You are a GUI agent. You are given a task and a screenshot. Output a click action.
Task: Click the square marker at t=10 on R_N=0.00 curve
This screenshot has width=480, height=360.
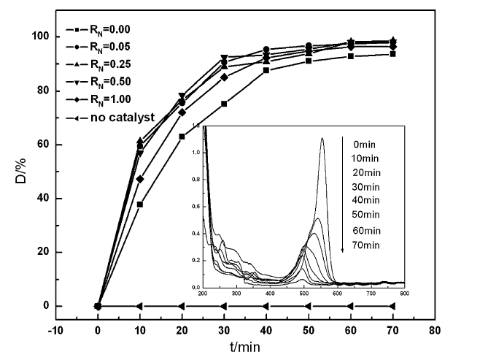pos(139,204)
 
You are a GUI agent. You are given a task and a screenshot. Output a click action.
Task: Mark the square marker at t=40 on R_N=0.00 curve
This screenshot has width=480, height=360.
pos(266,70)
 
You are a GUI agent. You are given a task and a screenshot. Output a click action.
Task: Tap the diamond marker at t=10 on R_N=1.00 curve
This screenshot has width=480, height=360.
pos(139,179)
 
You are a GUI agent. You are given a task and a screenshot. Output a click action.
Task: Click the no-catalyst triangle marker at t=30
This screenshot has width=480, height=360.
pos(223,306)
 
